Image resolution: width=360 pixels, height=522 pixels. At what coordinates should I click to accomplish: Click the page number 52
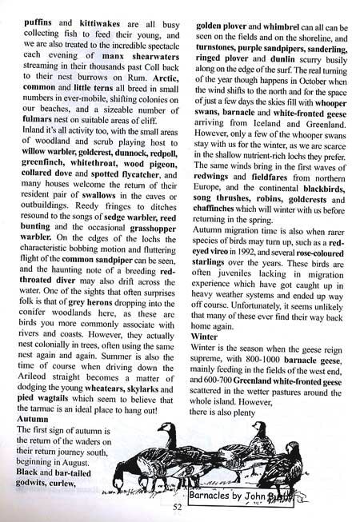179,504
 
